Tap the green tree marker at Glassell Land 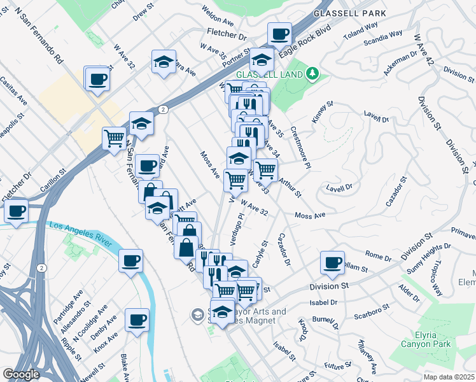[x=312, y=74]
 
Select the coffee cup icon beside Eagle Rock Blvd [x=279, y=34]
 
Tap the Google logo [x=21, y=374]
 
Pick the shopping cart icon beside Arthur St [x=265, y=169]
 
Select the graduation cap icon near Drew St [x=164, y=62]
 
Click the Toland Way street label [x=363, y=26]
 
